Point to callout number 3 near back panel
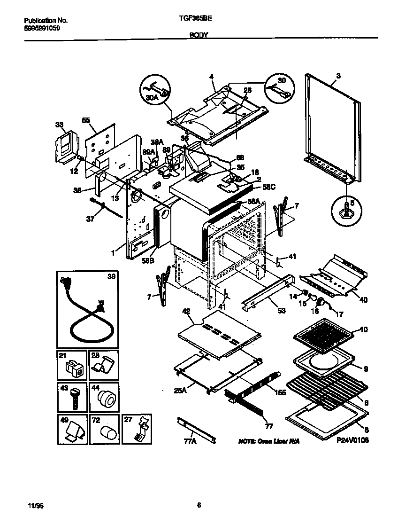pyautogui.click(x=338, y=75)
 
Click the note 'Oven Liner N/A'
pyautogui.click(x=269, y=441)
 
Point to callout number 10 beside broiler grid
pyautogui.click(x=363, y=329)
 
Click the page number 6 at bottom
pyautogui.click(x=199, y=505)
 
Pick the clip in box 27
pyautogui.click(x=139, y=430)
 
